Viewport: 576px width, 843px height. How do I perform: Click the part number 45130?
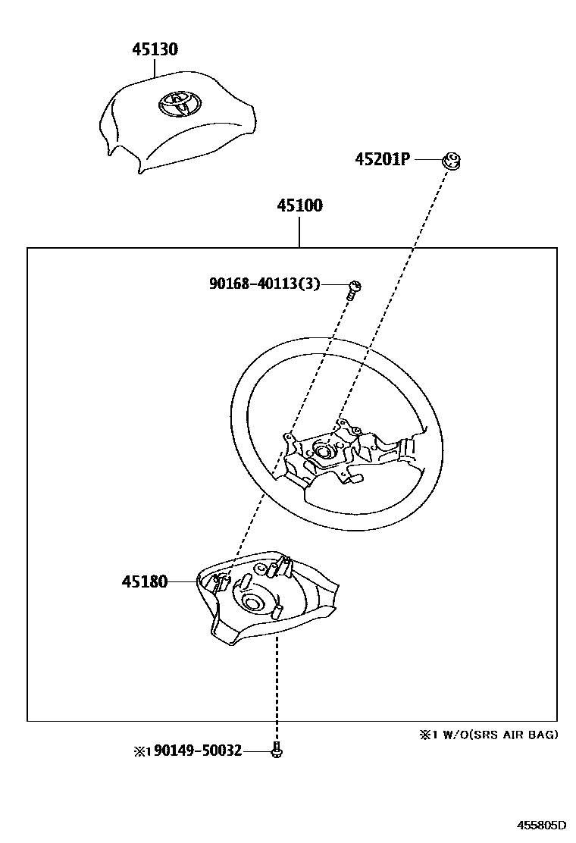coord(155,50)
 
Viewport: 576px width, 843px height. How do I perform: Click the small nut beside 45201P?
coord(452,160)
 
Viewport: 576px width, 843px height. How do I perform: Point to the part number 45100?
coord(299,206)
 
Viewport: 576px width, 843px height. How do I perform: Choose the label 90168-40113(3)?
coord(265,284)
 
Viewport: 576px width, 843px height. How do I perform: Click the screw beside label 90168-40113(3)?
coord(353,287)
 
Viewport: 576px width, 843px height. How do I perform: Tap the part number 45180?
coord(143,581)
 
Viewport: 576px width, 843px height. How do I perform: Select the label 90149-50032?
coord(197,751)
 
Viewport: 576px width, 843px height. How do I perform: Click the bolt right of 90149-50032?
coord(276,751)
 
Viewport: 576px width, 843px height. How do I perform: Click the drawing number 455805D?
coord(541,825)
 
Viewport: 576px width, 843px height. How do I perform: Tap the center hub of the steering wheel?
coord(324,451)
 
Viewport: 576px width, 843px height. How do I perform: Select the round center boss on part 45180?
coord(251,603)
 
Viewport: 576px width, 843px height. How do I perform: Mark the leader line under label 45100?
coord(299,232)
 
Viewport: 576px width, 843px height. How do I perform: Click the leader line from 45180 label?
coord(181,581)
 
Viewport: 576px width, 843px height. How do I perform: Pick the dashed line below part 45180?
coord(277,682)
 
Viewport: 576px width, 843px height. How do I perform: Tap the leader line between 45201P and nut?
coord(427,160)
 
